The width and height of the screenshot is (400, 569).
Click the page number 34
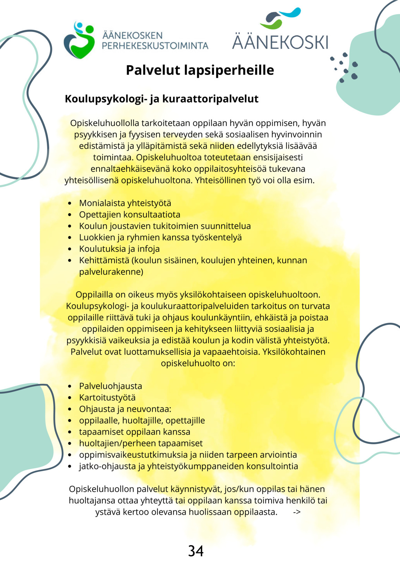(196, 551)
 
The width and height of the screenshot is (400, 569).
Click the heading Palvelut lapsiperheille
(200, 70)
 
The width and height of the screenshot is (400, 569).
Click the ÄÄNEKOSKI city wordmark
(280, 42)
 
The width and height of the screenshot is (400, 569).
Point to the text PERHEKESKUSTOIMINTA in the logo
(155, 46)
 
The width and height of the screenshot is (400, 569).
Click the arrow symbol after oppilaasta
(297, 512)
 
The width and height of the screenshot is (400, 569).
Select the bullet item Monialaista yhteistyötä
(125, 203)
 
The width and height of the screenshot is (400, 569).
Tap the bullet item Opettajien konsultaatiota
(129, 215)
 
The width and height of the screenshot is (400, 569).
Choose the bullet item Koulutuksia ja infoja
(119, 249)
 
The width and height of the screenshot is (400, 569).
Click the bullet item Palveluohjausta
(110, 386)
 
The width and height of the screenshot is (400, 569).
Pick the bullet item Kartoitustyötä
(107, 398)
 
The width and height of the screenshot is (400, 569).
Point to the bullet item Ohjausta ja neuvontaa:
(125, 409)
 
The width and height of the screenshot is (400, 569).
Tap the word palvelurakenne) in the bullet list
(111, 272)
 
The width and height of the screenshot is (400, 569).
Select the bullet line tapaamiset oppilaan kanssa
(135, 432)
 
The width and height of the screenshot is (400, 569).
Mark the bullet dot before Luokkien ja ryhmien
(70, 238)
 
